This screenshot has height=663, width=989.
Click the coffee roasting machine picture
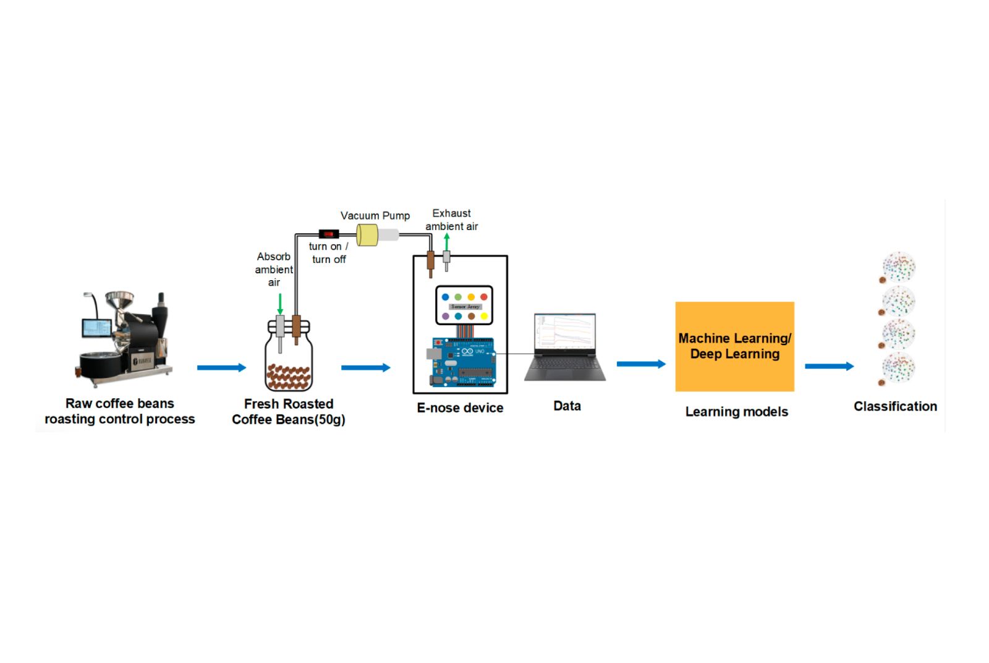[124, 337]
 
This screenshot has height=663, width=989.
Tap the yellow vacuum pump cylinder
[367, 235]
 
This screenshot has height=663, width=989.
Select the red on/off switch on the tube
[328, 234]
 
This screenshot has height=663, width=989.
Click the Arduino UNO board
[463, 362]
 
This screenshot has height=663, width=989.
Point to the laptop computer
[565, 347]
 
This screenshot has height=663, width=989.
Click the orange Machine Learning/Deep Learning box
[734, 346]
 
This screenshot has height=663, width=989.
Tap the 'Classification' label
[894, 406]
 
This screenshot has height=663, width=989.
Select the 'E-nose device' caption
[460, 408]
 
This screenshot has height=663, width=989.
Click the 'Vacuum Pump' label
[375, 215]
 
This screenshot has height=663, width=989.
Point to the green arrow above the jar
[280, 304]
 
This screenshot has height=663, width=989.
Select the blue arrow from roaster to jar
[221, 367]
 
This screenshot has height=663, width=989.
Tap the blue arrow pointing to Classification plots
[829, 366]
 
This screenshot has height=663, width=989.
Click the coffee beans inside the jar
[288, 377]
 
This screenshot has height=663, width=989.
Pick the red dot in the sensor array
[484, 297]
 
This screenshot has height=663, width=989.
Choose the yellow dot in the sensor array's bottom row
[484, 316]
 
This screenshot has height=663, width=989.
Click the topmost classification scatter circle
[899, 267]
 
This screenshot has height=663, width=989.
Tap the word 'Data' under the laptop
[567, 406]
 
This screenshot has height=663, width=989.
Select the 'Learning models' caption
[736, 411]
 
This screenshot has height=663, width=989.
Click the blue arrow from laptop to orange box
[641, 364]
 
